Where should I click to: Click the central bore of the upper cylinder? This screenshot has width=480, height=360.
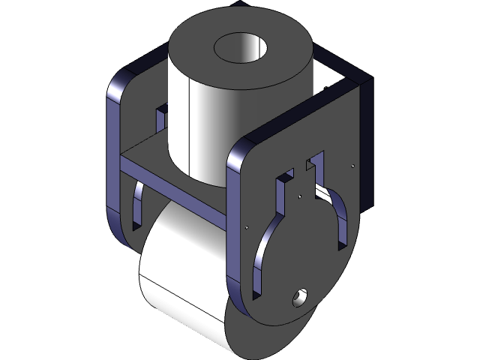[242, 48]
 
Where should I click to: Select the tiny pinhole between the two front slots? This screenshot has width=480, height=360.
[299, 197]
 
